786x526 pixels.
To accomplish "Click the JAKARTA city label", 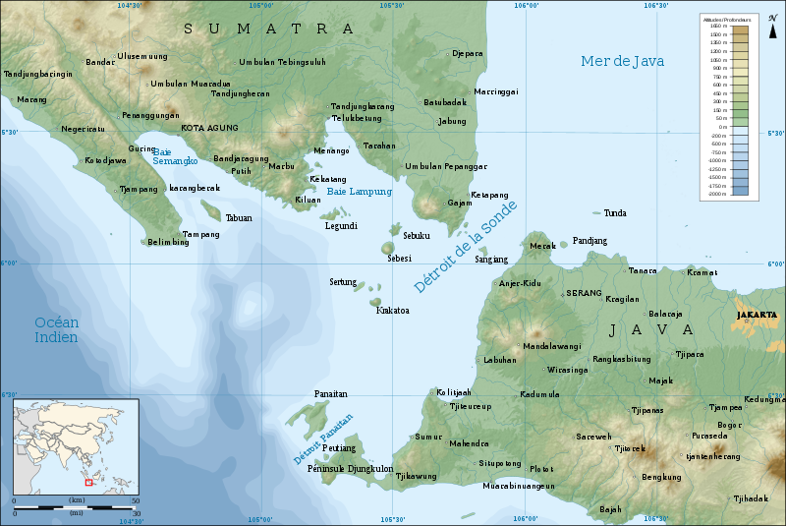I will point(756,316).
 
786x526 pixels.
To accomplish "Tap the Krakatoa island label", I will point(393,311).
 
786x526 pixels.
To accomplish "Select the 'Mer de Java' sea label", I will point(622,61).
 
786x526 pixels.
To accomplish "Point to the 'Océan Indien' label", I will point(56,329).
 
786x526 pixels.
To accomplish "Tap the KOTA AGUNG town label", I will point(209,128).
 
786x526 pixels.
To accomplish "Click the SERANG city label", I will point(583,294).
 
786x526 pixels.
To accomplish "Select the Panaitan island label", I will point(330,393).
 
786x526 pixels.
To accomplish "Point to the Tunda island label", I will point(615,212).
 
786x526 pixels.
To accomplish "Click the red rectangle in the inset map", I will point(88,482).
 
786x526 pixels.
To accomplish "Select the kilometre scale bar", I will point(75,506).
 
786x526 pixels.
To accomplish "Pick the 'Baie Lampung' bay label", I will point(359,192).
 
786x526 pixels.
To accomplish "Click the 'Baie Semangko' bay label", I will point(175,155).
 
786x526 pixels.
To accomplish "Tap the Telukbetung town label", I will point(356,118).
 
